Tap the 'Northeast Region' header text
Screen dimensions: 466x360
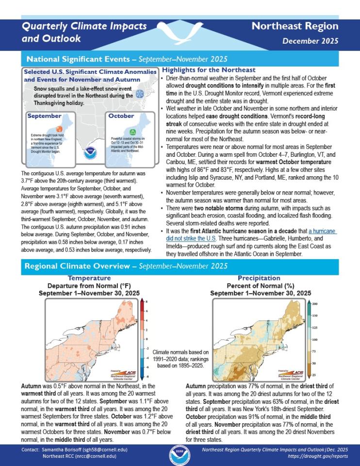pyautogui.click(x=295, y=26)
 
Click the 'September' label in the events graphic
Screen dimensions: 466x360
pyautogui.click(x=45, y=116)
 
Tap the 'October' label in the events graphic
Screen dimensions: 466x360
pyautogui.click(x=121, y=116)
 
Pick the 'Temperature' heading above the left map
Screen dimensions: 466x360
pyautogui.click(x=89, y=278)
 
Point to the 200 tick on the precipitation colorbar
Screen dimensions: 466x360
pyautogui.click(x=314, y=303)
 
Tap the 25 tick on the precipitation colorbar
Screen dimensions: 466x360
pyautogui.click(x=314, y=375)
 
